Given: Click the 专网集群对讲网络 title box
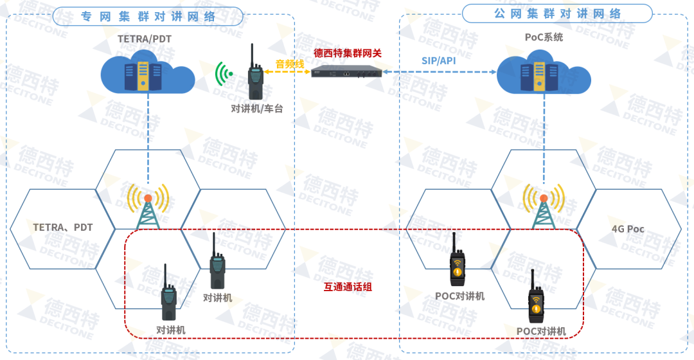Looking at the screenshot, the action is coord(148,17).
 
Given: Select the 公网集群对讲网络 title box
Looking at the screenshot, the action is coord(557,14).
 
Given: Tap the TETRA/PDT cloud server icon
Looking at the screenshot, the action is coord(148,75).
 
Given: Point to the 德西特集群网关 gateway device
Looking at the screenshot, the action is coord(346,71).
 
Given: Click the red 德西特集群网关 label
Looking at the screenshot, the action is coord(348,53).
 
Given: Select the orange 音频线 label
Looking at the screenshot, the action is coord(290,64).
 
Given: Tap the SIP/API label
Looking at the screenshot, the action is coord(439,60).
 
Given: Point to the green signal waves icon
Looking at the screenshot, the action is coord(224,75).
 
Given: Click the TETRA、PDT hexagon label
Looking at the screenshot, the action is coord(63,228).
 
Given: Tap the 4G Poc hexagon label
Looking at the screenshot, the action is coord(628,229).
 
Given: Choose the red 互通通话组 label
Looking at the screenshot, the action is coord(348,287).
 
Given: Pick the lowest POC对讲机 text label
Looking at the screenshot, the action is coord(541,331).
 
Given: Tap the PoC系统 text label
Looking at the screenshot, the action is coord(544,37).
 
